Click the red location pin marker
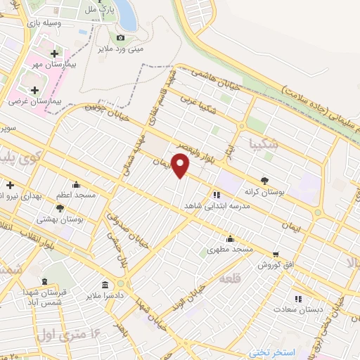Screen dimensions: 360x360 [181, 166]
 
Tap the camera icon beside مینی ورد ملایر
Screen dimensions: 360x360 [120, 37]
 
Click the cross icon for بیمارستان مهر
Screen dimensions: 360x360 [54, 53]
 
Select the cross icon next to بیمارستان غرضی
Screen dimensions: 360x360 [35, 90]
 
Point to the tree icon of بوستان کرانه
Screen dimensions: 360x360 [265, 179]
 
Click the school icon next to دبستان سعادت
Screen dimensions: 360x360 [297, 297]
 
